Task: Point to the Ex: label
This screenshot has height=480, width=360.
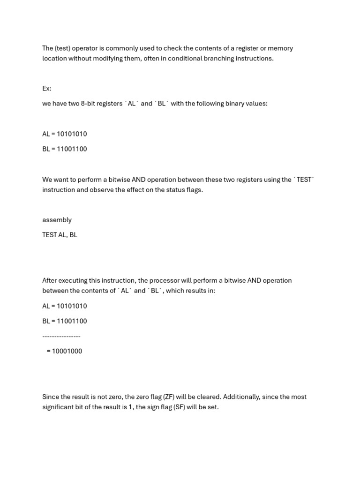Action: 47,89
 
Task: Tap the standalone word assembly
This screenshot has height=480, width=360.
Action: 57,220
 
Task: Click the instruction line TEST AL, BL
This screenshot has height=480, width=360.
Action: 60,235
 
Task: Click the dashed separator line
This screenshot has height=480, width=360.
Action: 61,336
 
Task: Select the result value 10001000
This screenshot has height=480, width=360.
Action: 67,351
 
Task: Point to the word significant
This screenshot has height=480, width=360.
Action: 60,407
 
